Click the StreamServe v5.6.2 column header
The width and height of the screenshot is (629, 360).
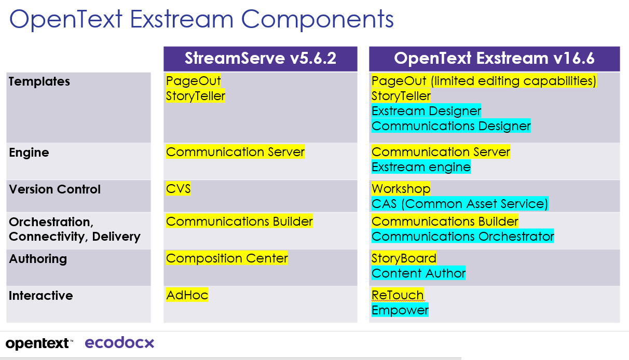pyautogui.click(x=261, y=59)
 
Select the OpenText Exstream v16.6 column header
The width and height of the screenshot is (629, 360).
pyautogui.click(x=494, y=59)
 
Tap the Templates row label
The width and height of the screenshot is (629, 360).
pyautogui.click(x=39, y=81)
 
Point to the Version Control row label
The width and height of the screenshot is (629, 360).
pyautogui.click(x=55, y=189)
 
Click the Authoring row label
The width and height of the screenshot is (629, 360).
pyautogui.click(x=38, y=259)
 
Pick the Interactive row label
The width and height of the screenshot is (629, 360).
pyautogui.click(x=40, y=296)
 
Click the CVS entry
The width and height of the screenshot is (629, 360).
pyautogui.click(x=179, y=188)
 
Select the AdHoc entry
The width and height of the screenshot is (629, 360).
pyautogui.click(x=187, y=295)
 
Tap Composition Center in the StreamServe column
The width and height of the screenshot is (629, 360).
pyautogui.click(x=227, y=258)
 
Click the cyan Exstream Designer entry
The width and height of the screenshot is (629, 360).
pyautogui.click(x=426, y=111)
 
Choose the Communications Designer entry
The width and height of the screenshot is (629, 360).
pyautogui.click(x=451, y=126)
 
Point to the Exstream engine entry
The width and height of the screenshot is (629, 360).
pyautogui.click(x=421, y=167)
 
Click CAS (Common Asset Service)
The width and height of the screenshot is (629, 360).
pyautogui.click(x=460, y=203)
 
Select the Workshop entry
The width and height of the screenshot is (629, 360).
pyautogui.click(x=401, y=188)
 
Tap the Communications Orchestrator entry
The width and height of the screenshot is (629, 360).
pyautogui.click(x=462, y=236)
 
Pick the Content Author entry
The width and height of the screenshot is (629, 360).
pyautogui.click(x=418, y=273)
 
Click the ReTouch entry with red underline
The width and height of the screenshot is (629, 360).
pyautogui.click(x=398, y=295)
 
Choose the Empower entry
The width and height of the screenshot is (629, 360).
pyautogui.click(x=400, y=310)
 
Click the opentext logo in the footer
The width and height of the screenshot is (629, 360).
pyautogui.click(x=39, y=343)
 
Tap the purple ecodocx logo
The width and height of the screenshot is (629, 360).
pyautogui.click(x=119, y=342)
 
